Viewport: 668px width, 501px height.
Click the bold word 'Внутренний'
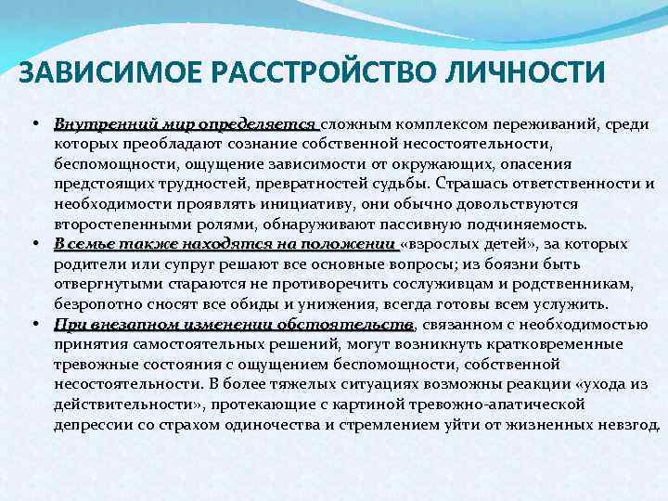[97, 124]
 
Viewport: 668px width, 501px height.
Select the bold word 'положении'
[354, 244]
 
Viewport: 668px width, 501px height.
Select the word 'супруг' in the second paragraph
[159, 264]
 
